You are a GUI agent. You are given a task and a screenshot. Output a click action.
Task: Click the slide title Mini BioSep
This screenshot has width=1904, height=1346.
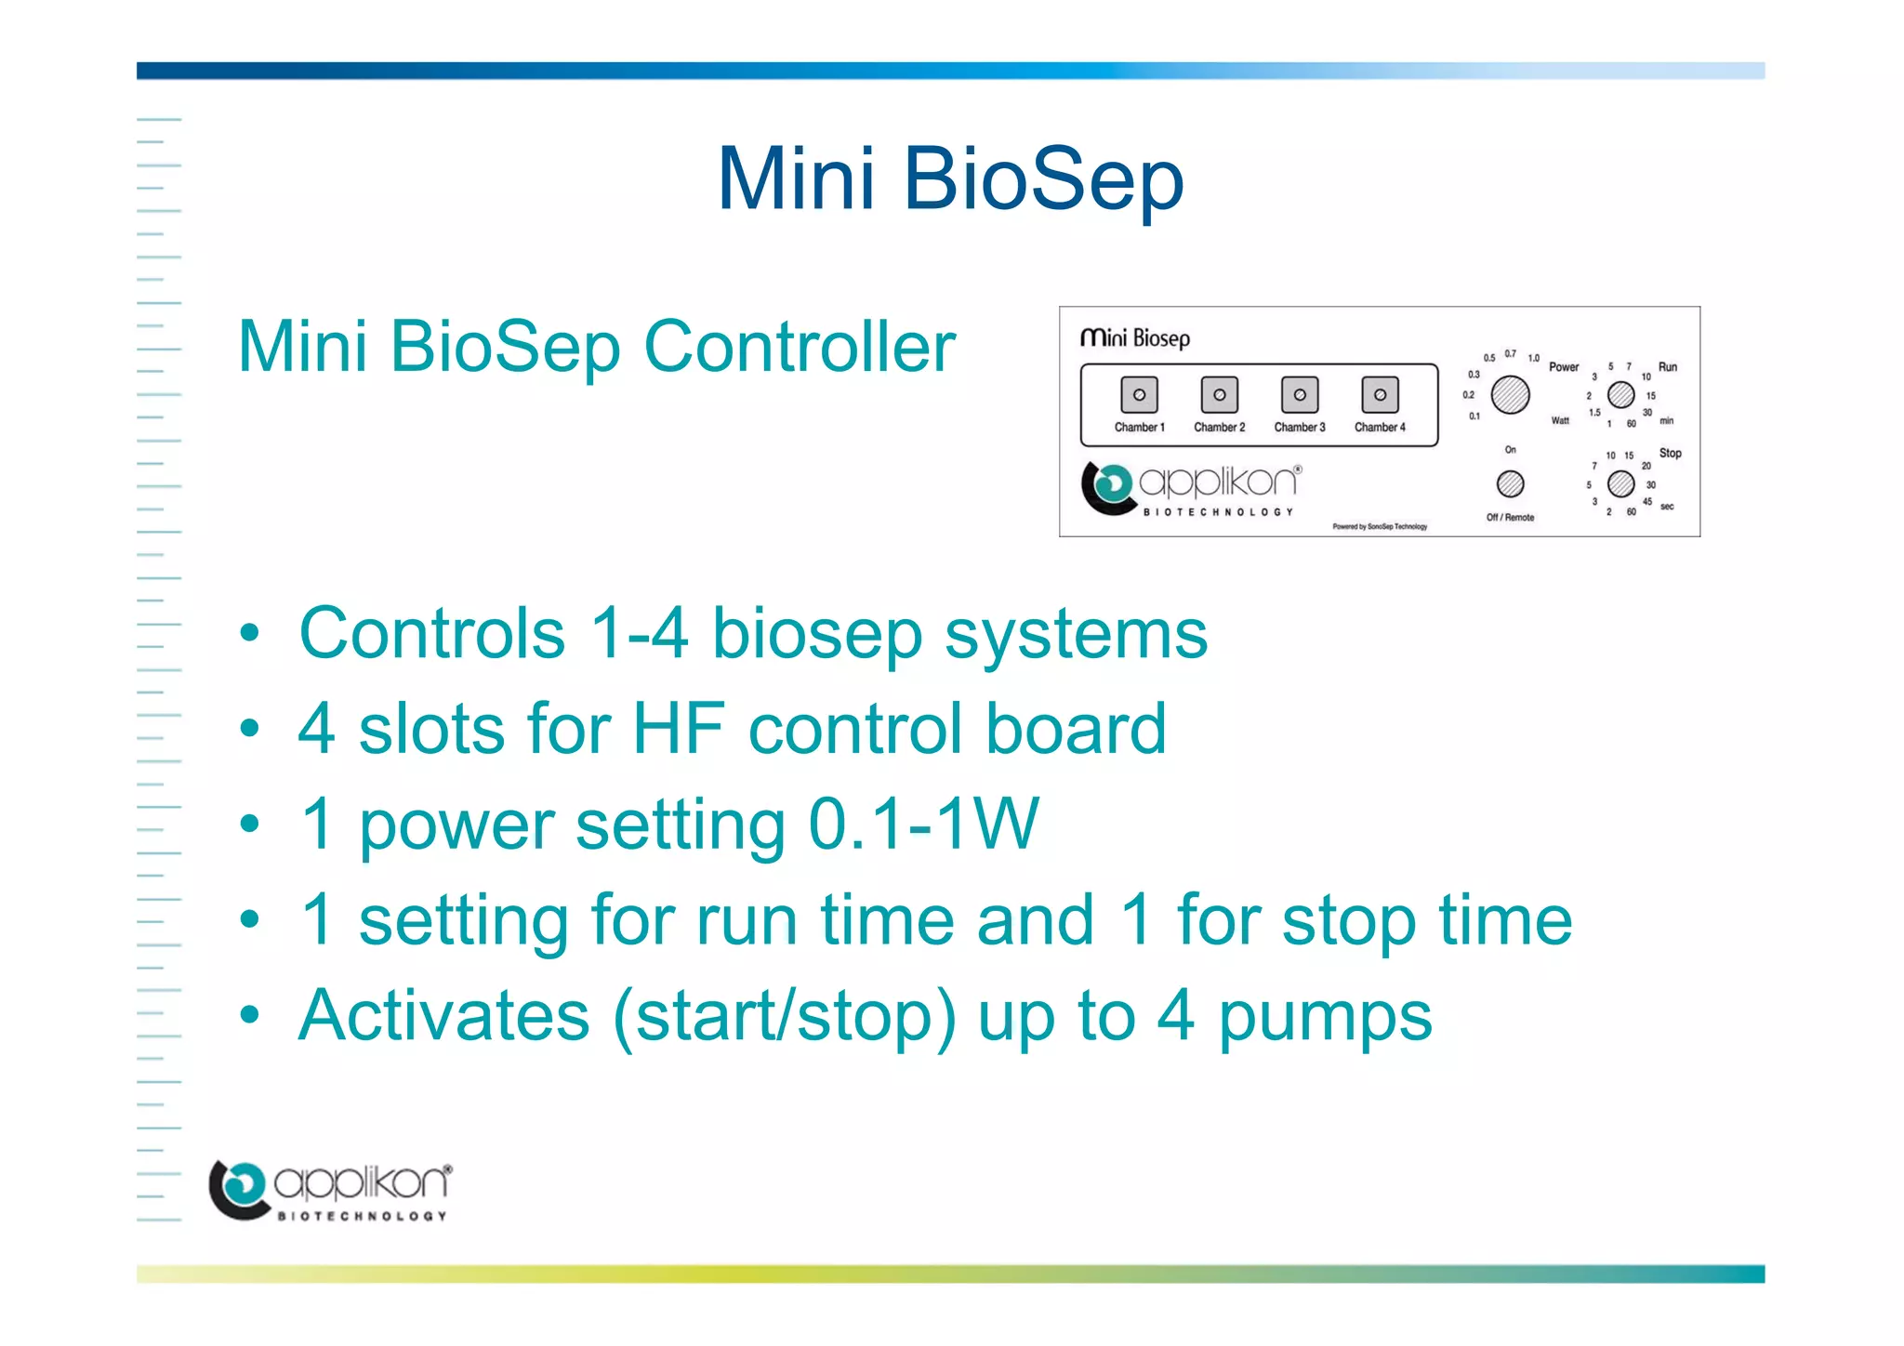point(950,178)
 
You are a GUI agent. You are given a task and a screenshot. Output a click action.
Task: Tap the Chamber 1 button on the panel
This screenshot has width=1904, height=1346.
point(1139,395)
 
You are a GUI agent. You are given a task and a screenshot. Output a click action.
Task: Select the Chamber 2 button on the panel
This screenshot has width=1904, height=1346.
point(1219,395)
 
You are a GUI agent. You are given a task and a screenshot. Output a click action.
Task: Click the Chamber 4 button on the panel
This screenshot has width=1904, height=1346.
point(1380,395)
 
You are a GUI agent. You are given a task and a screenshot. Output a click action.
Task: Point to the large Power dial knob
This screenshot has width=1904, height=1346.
point(1510,395)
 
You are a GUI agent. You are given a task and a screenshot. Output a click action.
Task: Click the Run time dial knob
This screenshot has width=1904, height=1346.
point(1620,395)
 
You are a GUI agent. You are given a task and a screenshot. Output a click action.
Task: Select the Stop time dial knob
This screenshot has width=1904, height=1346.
point(1620,483)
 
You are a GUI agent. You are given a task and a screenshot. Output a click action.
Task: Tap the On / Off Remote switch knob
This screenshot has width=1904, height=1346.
point(1510,483)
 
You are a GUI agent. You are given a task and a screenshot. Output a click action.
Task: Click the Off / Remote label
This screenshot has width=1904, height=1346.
point(1510,518)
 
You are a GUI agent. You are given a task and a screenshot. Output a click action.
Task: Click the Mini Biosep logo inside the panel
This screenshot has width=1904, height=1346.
point(1134,338)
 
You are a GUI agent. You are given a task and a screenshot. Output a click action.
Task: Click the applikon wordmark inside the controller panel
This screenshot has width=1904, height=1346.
point(1219,482)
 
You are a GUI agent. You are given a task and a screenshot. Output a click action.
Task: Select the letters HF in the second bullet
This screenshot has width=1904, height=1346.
point(679,729)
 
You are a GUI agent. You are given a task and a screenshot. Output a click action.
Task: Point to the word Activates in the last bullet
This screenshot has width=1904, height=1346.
point(444,1015)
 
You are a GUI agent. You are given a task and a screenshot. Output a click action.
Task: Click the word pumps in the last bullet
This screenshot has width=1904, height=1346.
point(1325,1017)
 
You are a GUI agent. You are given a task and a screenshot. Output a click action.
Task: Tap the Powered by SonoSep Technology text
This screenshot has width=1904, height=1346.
point(1379,527)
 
